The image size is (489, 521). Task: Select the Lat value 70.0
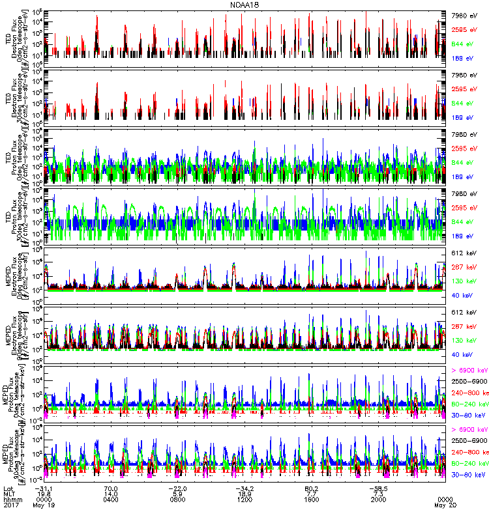click(110, 488)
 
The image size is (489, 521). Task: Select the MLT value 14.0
click(110, 495)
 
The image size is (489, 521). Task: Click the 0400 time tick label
click(110, 501)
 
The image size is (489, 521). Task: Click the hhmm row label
click(12, 501)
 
